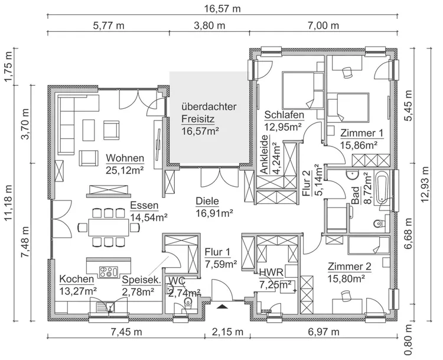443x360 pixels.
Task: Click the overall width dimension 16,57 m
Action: tap(221, 8)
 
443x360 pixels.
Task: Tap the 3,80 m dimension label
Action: tap(209, 25)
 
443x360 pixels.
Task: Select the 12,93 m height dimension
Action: tap(425, 195)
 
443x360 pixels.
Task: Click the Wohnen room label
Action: tap(125, 158)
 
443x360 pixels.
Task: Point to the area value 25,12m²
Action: tap(125, 170)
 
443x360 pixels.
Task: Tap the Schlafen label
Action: tap(284, 115)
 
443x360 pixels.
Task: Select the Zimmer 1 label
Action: tap(361, 132)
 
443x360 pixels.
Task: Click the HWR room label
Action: tap(271, 272)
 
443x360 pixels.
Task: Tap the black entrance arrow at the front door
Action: tap(222, 306)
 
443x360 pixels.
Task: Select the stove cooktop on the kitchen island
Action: tap(108, 272)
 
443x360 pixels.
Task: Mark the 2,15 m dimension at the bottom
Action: tap(221, 332)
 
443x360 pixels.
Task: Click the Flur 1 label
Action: tap(220, 252)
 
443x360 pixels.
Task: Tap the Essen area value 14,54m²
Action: tap(149, 218)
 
